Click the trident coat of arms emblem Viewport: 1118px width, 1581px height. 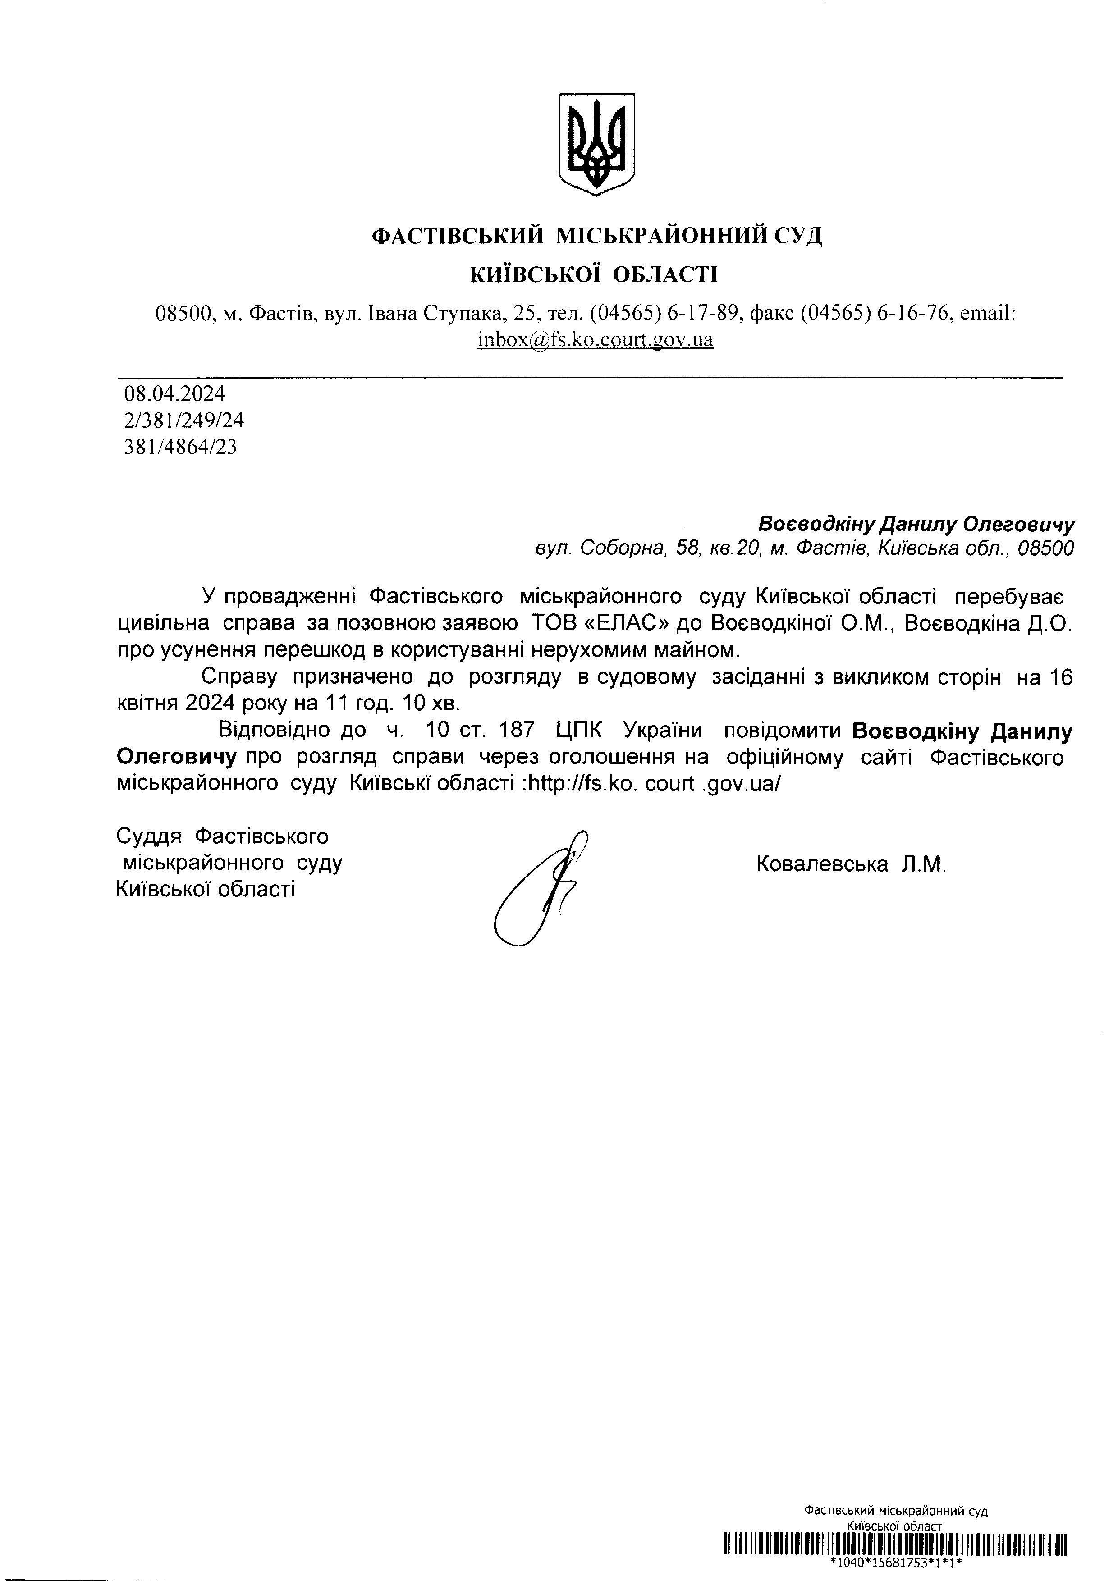tap(595, 144)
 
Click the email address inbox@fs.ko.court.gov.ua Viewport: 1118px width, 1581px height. tap(595, 339)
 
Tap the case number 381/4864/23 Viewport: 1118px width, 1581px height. tap(180, 447)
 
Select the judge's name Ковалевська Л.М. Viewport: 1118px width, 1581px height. tap(851, 864)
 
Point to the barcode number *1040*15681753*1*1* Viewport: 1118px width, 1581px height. tap(895, 1563)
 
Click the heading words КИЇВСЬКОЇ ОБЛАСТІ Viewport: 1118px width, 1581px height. tap(593, 275)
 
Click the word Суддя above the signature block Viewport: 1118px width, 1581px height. tap(149, 836)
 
